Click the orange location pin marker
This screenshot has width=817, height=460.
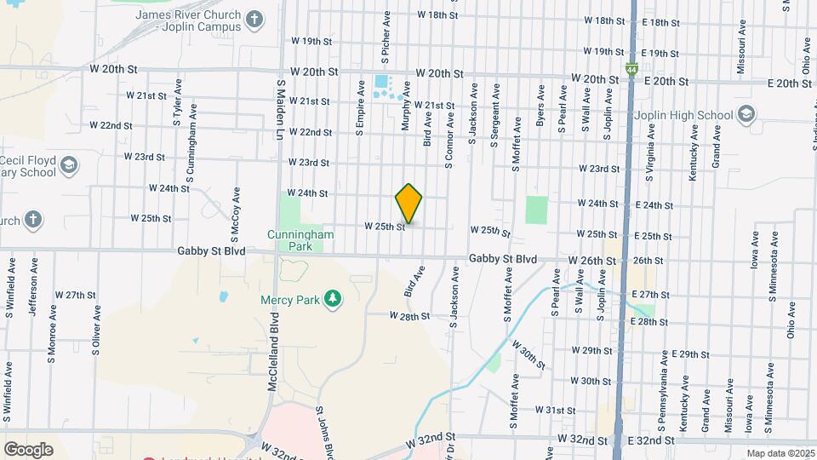tap(408, 204)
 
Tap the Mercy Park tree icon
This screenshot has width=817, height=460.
tap(335, 297)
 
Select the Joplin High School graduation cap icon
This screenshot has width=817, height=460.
tap(746, 115)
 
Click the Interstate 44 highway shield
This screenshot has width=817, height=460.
tap(631, 67)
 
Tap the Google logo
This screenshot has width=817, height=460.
tap(28, 449)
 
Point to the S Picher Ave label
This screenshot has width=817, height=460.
tap(386, 37)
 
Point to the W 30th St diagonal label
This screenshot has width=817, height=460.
tap(528, 353)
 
